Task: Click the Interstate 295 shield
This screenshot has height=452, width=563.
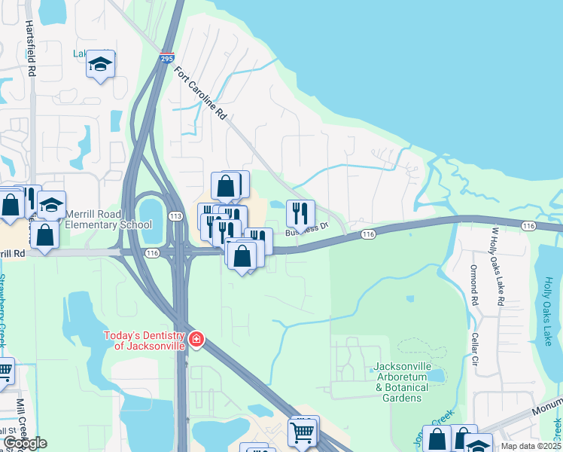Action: click(166, 57)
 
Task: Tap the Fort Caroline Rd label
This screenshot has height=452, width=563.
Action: click(201, 94)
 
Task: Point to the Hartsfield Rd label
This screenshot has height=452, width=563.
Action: click(31, 47)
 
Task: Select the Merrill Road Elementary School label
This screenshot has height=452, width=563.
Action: click(108, 219)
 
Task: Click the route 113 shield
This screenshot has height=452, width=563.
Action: click(175, 216)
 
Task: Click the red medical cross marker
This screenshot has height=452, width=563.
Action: click(196, 340)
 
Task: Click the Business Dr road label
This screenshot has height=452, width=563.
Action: click(307, 228)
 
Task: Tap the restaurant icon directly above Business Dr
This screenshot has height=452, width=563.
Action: click(300, 212)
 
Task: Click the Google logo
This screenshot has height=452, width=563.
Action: click(24, 443)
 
